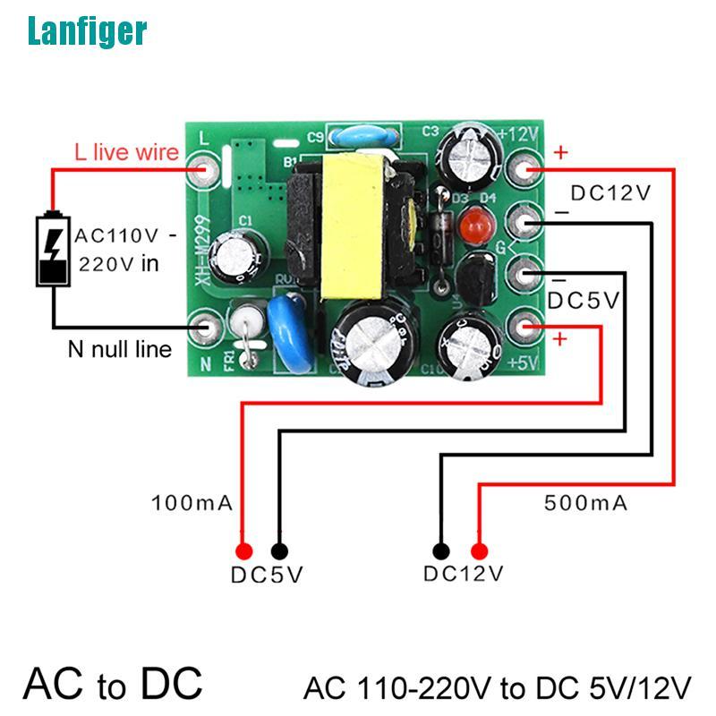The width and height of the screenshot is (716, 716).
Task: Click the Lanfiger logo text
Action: pos(87,30)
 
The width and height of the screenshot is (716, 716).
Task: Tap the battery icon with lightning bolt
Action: pos(53,249)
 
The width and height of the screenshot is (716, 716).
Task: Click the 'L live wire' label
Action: pos(126,152)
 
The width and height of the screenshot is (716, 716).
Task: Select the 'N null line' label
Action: pos(119,348)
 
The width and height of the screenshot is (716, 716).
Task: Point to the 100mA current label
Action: pos(192,503)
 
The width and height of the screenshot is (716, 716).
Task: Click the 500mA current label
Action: pos(585,503)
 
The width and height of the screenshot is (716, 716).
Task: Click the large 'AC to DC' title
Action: pos(113,683)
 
